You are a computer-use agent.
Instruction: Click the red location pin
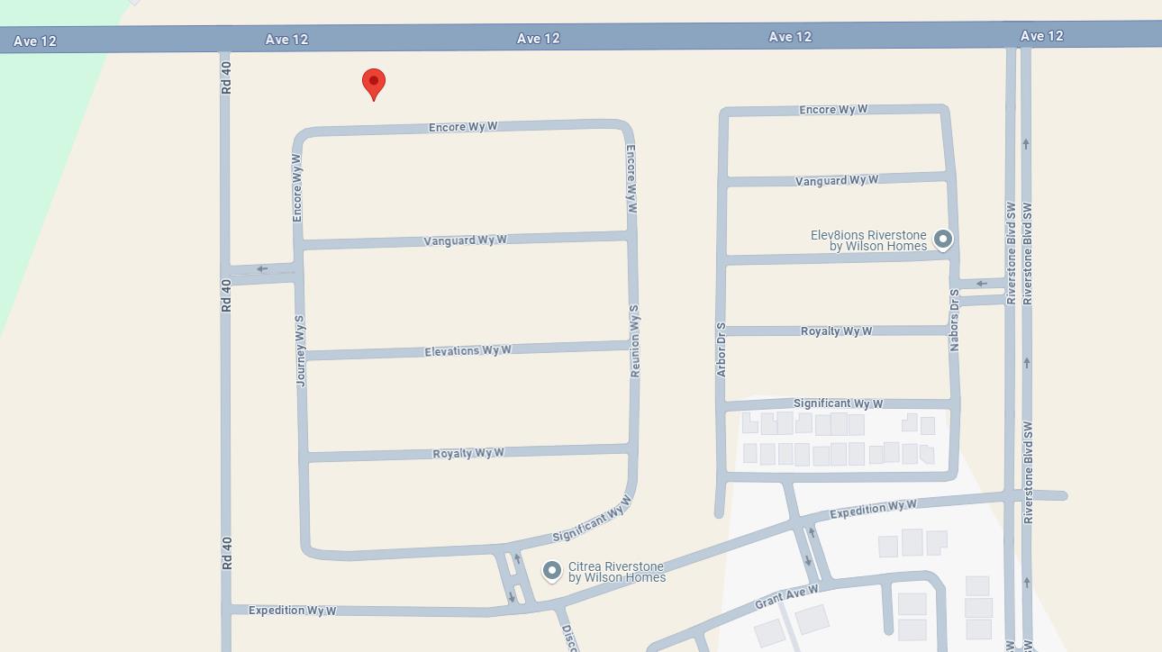374,83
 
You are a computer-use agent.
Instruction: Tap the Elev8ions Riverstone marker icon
942,240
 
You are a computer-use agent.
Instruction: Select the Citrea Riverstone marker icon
552,571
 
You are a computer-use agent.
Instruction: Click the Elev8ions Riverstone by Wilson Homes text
868,240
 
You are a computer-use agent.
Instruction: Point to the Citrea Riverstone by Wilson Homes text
616,572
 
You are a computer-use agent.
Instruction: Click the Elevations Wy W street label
468,350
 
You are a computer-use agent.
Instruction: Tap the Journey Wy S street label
300,351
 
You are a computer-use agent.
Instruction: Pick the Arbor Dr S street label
721,349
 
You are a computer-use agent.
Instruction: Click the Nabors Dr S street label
954,320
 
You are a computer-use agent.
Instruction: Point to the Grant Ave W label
786,596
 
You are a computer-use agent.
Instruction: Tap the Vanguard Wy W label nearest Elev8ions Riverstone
837,180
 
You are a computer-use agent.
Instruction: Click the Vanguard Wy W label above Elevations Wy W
465,240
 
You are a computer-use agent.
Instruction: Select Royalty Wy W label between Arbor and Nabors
836,331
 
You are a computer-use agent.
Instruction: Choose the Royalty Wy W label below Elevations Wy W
468,453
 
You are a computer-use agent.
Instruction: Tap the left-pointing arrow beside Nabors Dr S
982,284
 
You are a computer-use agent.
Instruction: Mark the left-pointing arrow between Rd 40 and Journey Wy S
262,268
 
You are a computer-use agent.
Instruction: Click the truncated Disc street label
568,637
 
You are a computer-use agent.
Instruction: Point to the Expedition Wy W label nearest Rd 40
292,611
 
